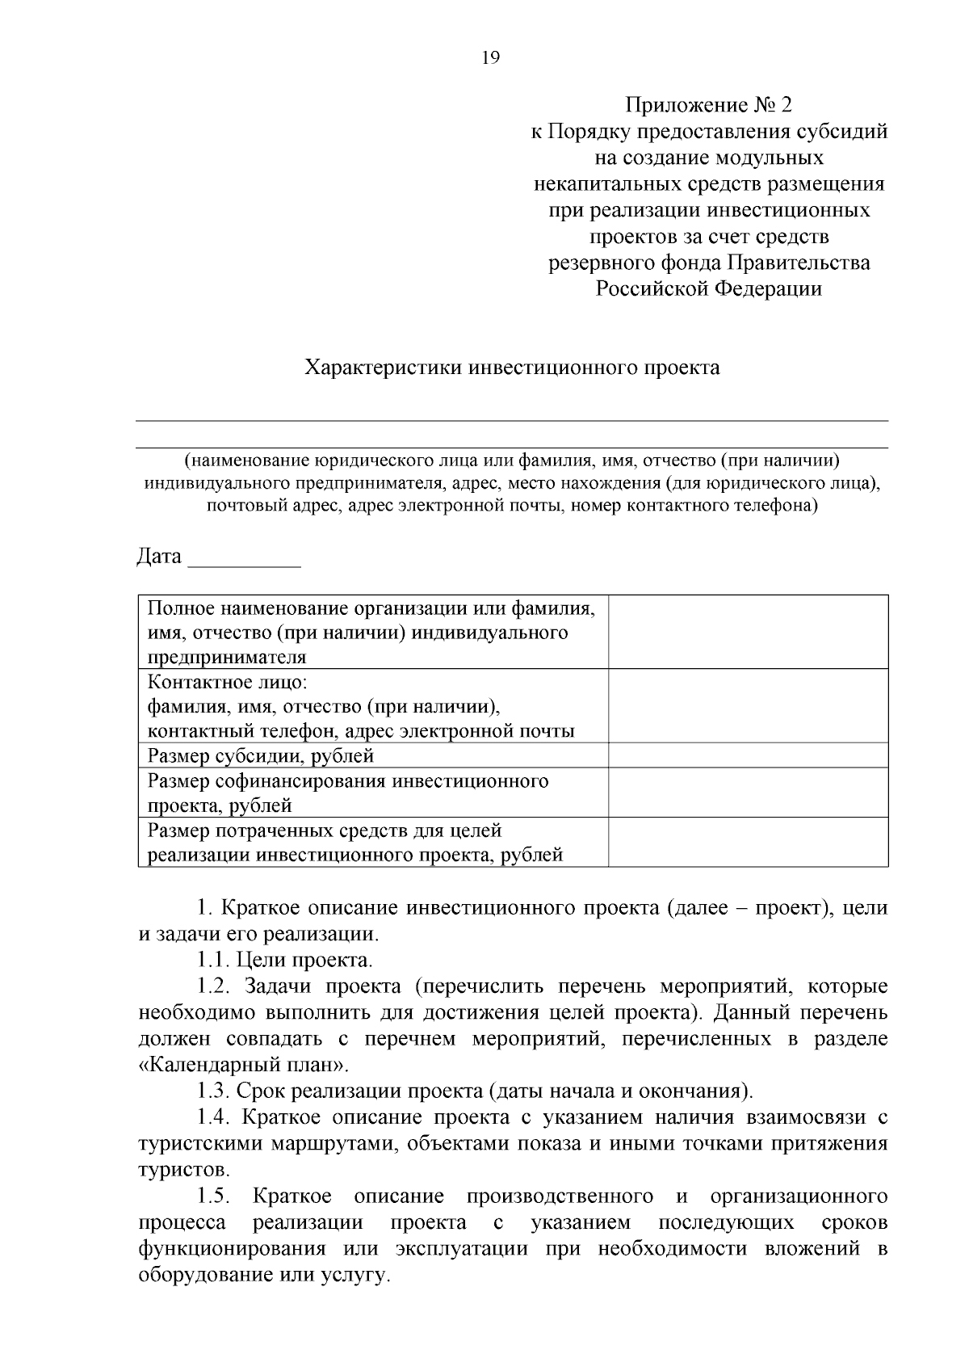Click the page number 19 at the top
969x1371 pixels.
tap(490, 57)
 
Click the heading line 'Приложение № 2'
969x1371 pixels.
tap(708, 105)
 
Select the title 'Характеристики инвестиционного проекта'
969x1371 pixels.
tap(511, 368)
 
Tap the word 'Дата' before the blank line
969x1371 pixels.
tap(159, 557)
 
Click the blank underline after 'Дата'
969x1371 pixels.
tap(244, 562)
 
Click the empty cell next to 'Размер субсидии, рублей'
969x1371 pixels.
tap(748, 756)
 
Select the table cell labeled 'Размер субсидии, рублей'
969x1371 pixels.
tap(261, 756)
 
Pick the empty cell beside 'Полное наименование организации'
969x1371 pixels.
tap(748, 632)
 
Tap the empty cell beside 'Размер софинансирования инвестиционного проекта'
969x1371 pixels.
tap(748, 793)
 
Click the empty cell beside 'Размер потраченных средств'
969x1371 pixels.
tap(748, 842)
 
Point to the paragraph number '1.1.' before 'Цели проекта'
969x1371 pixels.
tap(213, 961)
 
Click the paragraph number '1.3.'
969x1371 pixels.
tap(213, 1091)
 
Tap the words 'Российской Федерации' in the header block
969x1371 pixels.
tap(708, 289)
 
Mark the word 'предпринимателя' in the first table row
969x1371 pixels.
tap(227, 657)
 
